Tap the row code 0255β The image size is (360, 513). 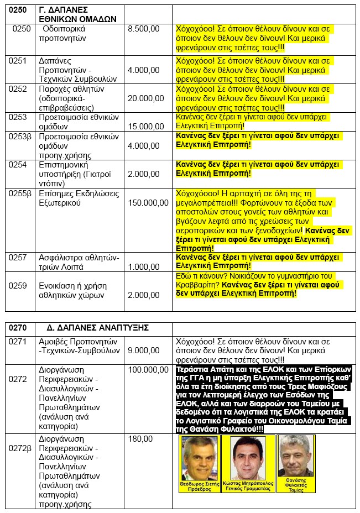(20, 193)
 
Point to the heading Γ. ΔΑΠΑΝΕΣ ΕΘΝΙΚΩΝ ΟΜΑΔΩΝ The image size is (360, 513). (77, 14)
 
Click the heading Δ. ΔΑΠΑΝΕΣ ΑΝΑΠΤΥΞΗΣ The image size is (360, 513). (94, 327)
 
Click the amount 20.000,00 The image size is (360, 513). (145, 98)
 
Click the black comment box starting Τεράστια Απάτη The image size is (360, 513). (264, 399)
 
